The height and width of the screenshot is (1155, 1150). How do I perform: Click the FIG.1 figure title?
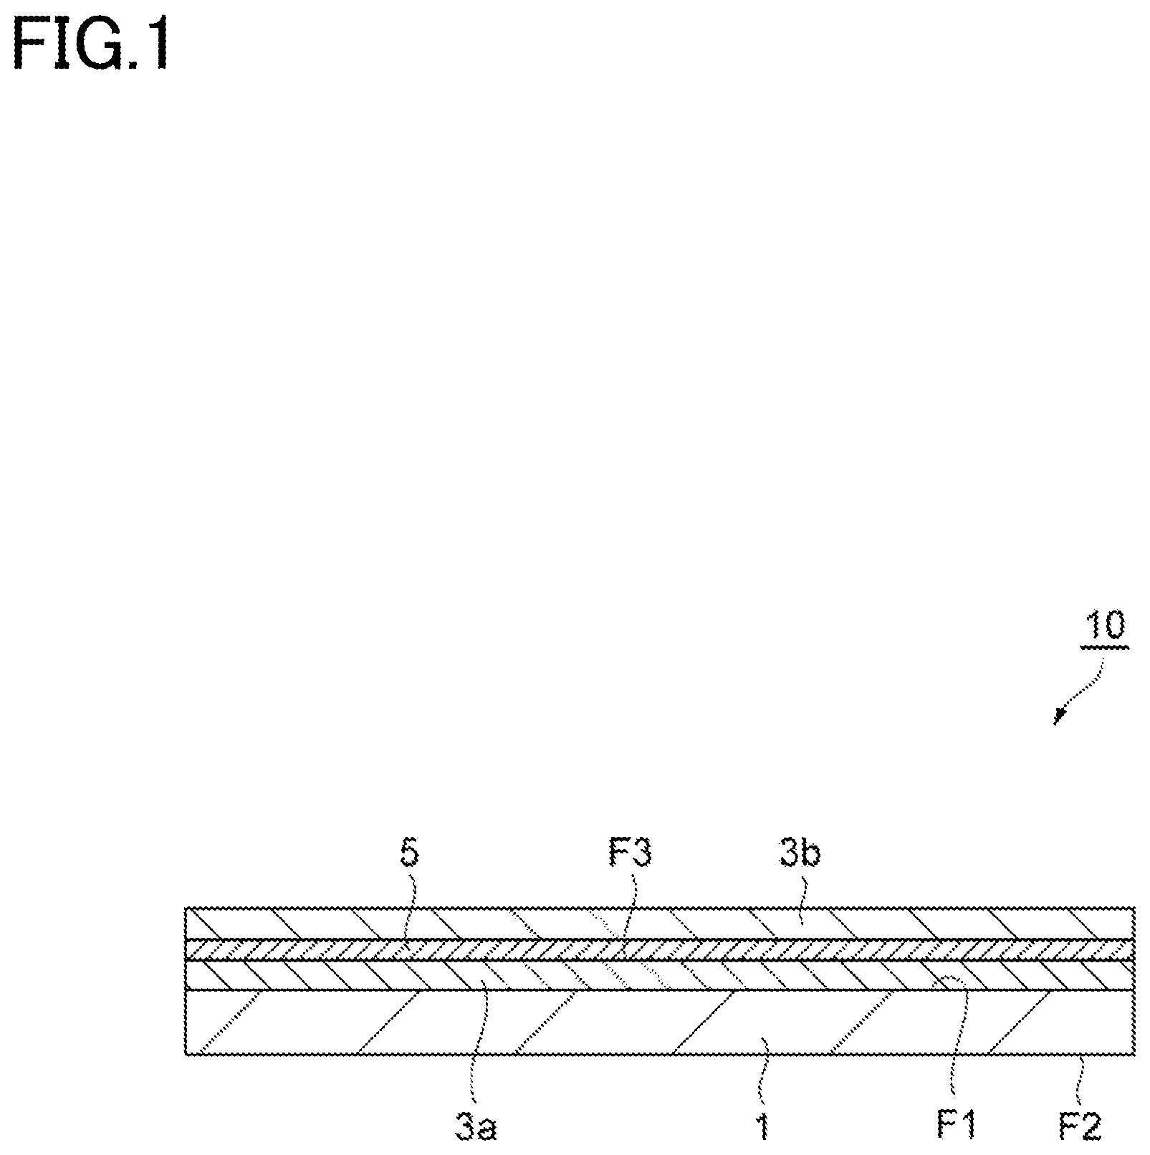click(92, 44)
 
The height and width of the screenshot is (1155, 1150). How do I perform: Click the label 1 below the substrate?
click(764, 1128)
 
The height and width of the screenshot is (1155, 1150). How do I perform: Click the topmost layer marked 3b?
click(660, 923)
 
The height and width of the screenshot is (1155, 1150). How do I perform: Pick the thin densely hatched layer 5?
click(660, 949)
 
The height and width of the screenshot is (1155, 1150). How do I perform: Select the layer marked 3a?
click(660, 975)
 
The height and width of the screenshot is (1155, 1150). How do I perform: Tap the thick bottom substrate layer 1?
click(660, 1022)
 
